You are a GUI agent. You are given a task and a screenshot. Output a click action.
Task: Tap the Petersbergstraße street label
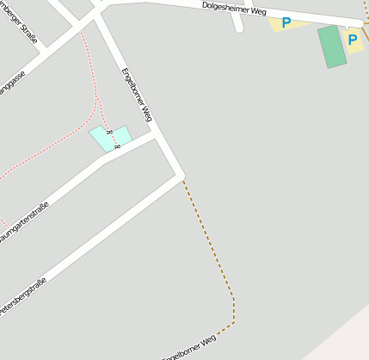tap(22, 296)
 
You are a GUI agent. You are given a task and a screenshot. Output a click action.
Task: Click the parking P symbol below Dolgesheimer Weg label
tap(286, 23)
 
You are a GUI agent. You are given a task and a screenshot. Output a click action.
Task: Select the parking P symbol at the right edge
tap(353, 40)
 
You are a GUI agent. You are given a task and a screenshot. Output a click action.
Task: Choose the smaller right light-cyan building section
tap(122, 134)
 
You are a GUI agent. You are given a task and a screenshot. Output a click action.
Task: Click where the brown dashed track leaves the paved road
tap(182, 178)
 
